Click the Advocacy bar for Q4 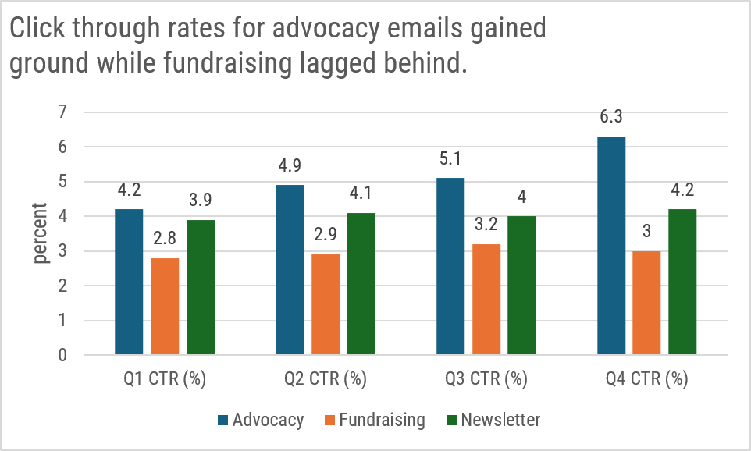(x=611, y=246)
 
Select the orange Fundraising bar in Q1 (x=165, y=307)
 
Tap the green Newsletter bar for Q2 (x=361, y=284)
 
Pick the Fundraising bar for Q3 (x=486, y=300)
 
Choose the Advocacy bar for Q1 (x=129, y=282)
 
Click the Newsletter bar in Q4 (x=682, y=282)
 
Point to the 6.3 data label (x=611, y=117)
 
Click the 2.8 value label (x=165, y=238)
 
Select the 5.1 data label (x=450, y=158)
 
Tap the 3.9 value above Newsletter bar (x=201, y=201)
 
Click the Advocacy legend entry (x=260, y=420)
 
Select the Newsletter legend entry (x=492, y=420)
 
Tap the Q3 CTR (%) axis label (x=486, y=380)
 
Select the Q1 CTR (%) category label (x=165, y=380)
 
